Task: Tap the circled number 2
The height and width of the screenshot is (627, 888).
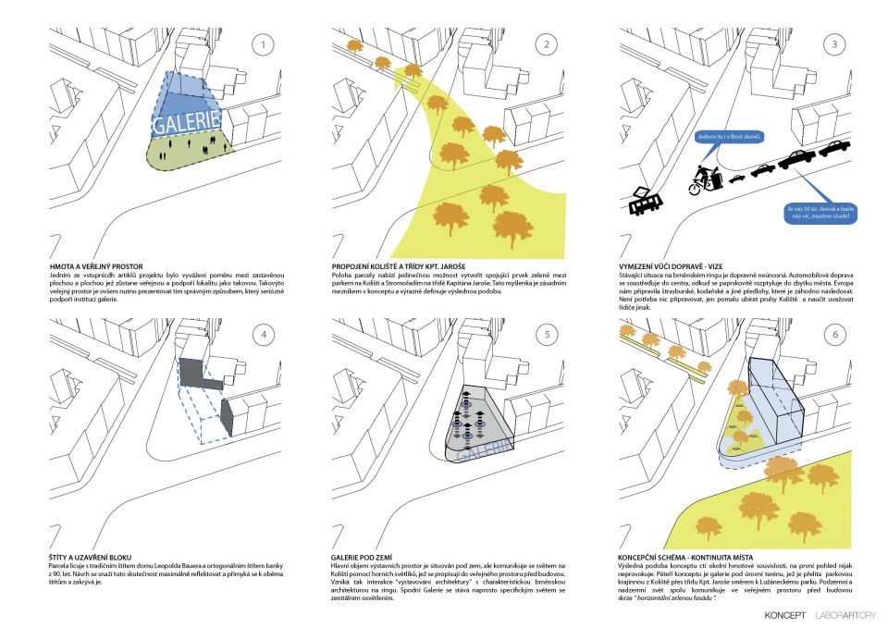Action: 548,43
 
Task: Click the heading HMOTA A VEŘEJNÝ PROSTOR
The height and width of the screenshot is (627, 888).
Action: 97,266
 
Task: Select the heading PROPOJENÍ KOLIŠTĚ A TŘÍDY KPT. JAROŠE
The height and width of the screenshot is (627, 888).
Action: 405,266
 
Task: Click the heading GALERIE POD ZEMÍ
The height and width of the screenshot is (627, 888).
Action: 363,558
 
